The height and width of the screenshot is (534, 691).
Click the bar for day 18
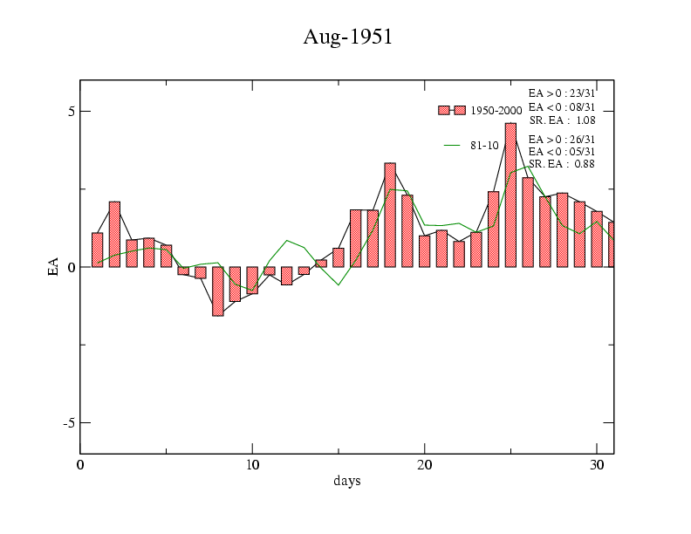390,215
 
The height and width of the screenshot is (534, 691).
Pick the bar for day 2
114,234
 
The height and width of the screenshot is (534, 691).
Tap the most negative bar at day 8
217,291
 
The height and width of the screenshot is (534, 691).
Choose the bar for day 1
97,250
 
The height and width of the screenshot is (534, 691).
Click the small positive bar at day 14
321,263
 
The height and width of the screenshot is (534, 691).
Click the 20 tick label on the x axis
424,464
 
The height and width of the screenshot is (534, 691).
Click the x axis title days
346,481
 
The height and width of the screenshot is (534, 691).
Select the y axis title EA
53,267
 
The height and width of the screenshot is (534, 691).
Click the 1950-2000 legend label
496,111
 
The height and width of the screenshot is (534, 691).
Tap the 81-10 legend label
484,146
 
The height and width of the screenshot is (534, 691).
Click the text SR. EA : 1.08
562,120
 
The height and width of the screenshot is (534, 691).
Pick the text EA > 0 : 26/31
562,139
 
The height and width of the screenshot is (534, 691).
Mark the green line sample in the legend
452,146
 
